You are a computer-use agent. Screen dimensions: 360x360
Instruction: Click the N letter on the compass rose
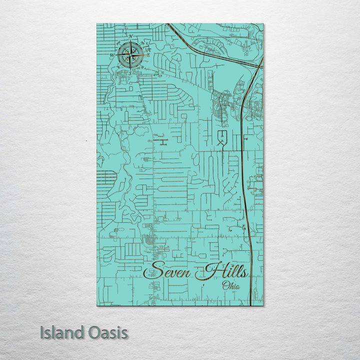(x=130, y=36)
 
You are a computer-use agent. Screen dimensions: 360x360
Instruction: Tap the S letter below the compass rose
(x=130, y=73)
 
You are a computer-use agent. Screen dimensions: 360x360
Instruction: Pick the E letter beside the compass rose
(x=148, y=54)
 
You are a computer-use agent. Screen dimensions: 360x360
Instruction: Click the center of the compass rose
(x=130, y=54)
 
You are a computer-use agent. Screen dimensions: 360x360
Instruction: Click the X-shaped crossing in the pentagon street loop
(x=222, y=143)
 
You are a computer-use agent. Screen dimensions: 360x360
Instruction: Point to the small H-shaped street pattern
(x=161, y=141)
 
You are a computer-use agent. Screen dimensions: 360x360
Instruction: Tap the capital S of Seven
(x=155, y=271)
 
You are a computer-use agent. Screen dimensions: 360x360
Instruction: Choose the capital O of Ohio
(x=224, y=286)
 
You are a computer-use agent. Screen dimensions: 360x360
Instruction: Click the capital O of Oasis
(x=91, y=332)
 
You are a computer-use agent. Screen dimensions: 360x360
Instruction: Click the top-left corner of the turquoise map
(x=97, y=24)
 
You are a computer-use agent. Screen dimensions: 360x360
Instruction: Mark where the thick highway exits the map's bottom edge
(x=250, y=305)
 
